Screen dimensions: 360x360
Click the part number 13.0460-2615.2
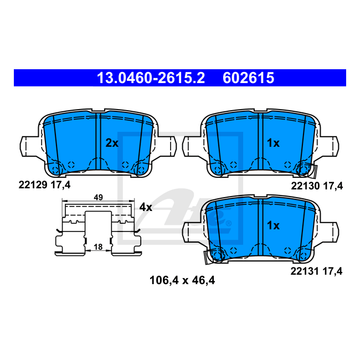[151, 78]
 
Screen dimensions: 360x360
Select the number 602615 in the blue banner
[249, 78]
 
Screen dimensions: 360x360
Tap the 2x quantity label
[112, 143]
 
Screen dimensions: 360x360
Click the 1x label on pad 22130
[273, 143]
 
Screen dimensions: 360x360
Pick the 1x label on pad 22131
[273, 225]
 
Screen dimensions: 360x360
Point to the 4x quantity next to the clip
[146, 207]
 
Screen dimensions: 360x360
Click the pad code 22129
[33, 185]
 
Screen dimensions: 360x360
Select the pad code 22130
[305, 186]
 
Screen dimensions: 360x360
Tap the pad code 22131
[305, 271]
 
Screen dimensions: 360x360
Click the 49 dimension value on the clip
[98, 197]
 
